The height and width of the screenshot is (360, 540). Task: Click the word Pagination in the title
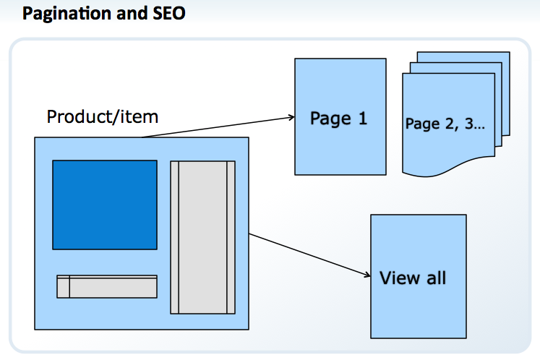pos(63,13)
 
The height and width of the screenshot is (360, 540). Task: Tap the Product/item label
pos(103,116)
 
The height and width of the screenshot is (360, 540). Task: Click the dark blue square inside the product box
pos(105,205)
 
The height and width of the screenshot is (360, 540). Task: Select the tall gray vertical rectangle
pos(202,237)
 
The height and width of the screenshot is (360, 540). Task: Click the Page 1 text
pos(338,118)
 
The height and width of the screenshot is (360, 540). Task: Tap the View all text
pos(413,278)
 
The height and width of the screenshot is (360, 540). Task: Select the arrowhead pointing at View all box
pos(366,273)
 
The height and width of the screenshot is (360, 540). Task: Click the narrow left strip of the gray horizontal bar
pos(63,286)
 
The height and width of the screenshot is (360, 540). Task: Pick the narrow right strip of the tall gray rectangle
pos(231,237)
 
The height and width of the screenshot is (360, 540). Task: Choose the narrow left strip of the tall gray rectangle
pos(174,237)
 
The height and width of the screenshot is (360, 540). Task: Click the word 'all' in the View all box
pos(434,278)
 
